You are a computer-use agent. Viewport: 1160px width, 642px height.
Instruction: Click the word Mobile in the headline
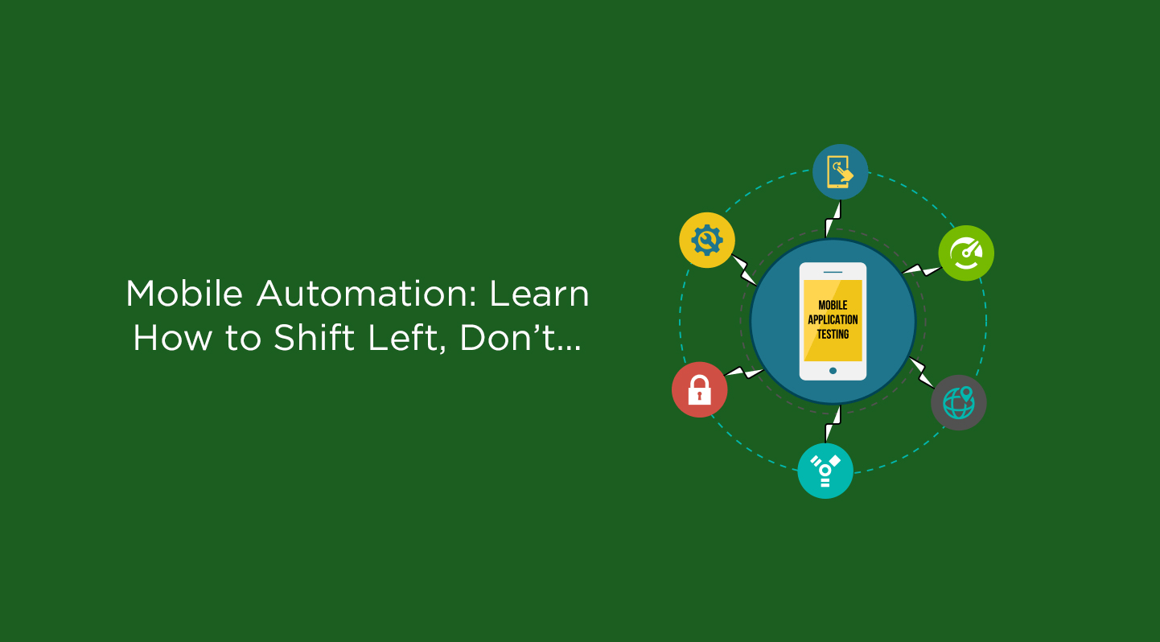(x=184, y=294)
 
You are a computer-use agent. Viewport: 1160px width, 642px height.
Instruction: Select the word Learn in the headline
(x=540, y=294)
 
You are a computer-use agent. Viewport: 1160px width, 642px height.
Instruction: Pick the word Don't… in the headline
(x=520, y=339)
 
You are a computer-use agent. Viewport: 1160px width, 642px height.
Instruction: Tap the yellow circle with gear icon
(x=707, y=240)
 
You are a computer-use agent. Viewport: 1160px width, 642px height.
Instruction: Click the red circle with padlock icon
(x=700, y=389)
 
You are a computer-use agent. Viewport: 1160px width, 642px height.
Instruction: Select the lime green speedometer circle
(x=966, y=253)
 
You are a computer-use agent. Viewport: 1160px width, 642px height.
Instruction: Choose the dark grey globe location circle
(x=959, y=402)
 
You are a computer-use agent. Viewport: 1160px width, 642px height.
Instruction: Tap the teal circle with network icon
(x=825, y=471)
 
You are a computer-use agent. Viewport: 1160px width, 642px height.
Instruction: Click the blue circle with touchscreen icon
(x=840, y=172)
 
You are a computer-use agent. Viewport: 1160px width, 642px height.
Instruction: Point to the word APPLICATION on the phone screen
(x=833, y=319)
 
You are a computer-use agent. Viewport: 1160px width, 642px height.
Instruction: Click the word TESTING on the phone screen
(x=833, y=334)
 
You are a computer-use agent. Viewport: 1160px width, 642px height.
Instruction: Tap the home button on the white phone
(x=833, y=371)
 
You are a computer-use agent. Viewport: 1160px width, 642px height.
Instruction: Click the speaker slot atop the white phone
(x=833, y=272)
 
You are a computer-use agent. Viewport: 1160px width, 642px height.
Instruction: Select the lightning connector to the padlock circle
(x=744, y=372)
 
